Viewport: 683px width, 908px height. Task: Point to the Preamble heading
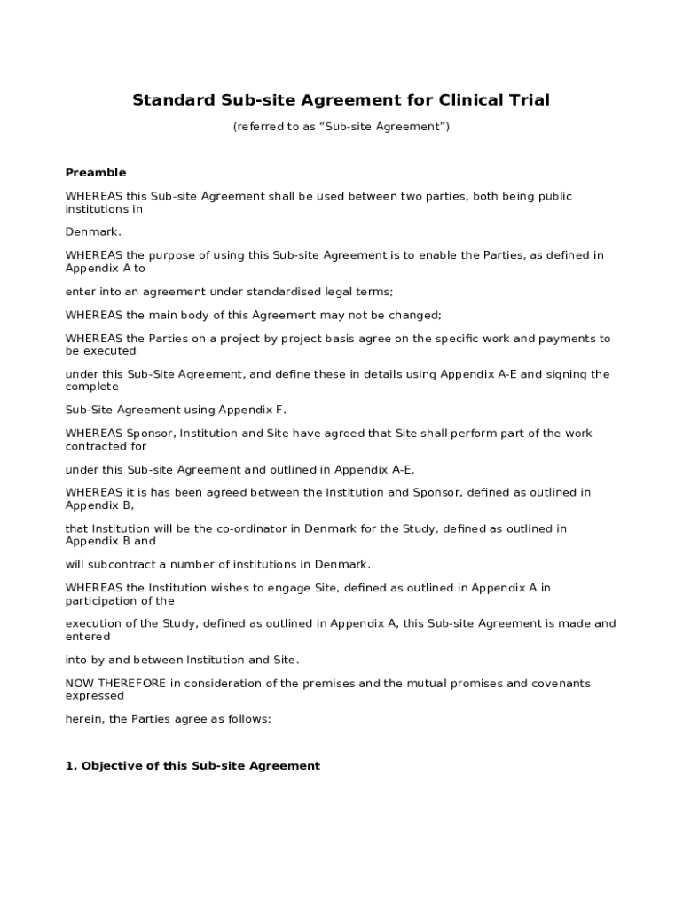96,172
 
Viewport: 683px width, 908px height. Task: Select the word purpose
146,255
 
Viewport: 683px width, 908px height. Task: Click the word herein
83,719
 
